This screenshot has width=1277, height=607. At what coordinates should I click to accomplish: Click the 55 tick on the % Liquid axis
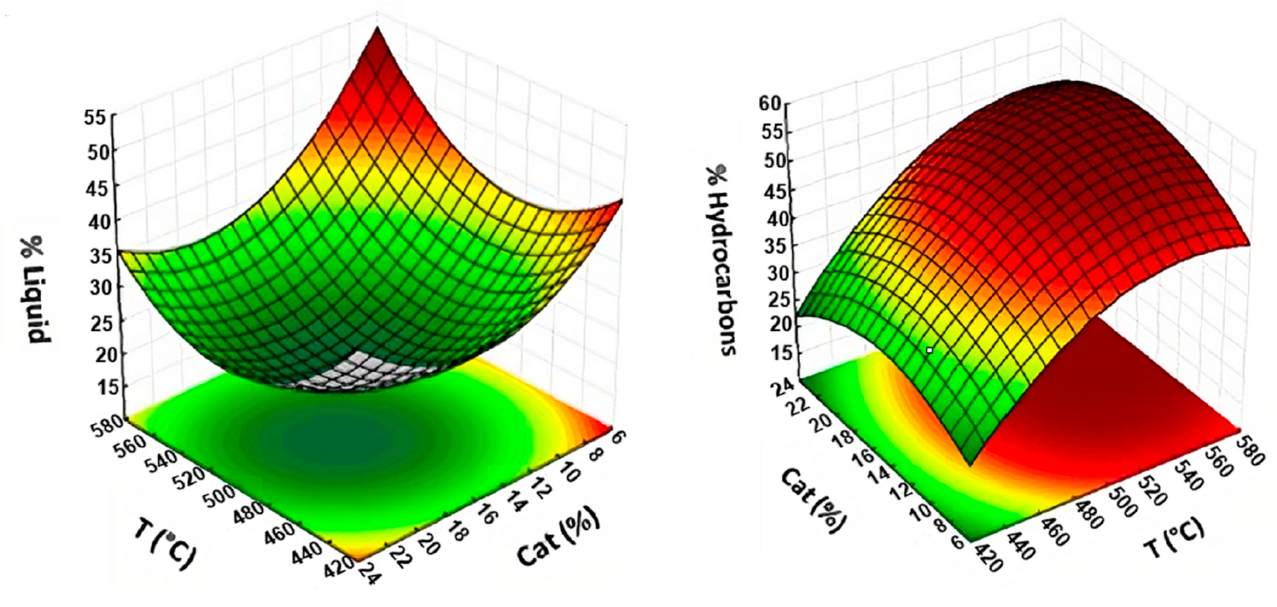pos(97,118)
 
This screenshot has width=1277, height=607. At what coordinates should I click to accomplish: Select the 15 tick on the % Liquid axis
pos(97,388)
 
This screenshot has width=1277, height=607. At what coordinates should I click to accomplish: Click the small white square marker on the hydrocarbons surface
pos(930,350)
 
